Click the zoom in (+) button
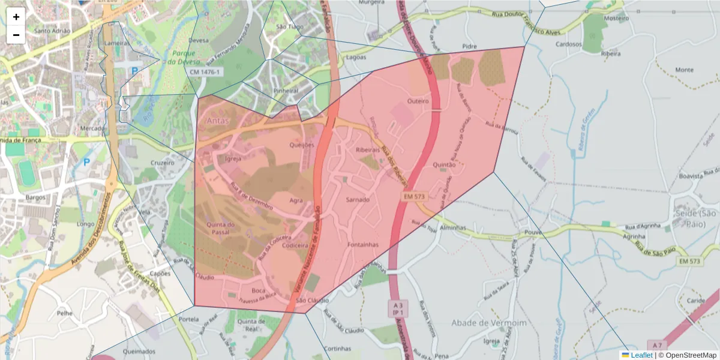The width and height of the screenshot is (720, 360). [x=16, y=17]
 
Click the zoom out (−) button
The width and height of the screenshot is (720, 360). [x=16, y=35]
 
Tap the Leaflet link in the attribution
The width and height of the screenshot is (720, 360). [x=641, y=355]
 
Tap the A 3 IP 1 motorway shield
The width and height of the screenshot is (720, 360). [x=397, y=308]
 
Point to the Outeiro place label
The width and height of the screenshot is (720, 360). [x=418, y=101]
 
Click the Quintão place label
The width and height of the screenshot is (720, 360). [x=445, y=164]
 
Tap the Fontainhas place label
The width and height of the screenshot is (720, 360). [x=363, y=245]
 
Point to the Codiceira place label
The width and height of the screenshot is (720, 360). [x=295, y=245]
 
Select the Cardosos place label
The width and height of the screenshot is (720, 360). [x=569, y=44]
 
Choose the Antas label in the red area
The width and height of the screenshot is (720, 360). [x=218, y=121]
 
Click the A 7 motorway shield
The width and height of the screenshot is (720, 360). [x=658, y=345]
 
